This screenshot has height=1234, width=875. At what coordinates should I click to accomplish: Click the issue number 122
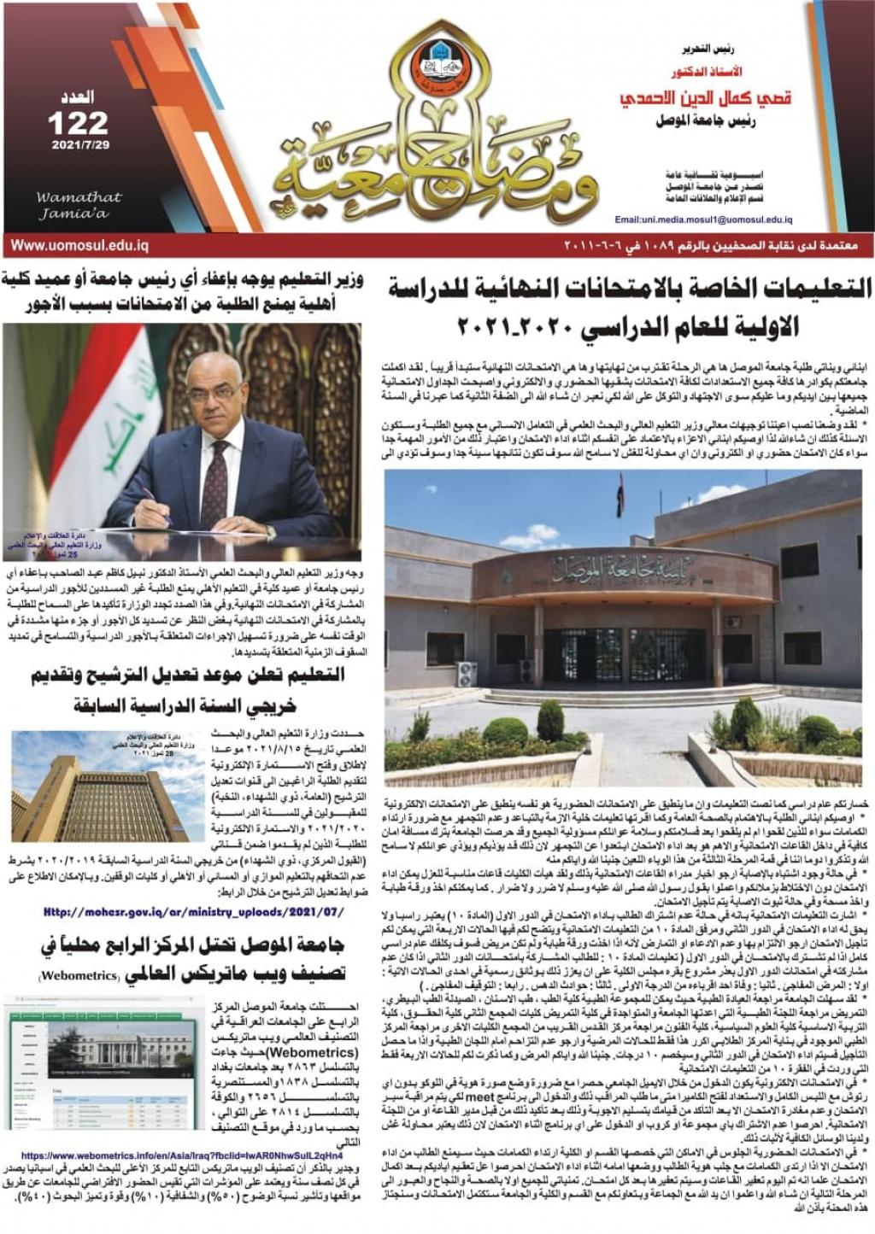pyautogui.click(x=78, y=122)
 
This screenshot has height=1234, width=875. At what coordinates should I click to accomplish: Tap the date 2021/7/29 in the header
pyautogui.click(x=80, y=145)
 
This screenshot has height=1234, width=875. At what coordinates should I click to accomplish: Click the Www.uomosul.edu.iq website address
pyautogui.click(x=79, y=246)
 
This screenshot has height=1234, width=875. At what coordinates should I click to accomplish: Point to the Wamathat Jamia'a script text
pyautogui.click(x=79, y=205)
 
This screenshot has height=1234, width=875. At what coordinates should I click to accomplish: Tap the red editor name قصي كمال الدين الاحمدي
pyautogui.click(x=705, y=98)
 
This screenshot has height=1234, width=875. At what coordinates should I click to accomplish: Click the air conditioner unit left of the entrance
pyautogui.click(x=467, y=674)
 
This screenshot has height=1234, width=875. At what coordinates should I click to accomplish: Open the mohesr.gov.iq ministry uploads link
pyautogui.click(x=194, y=912)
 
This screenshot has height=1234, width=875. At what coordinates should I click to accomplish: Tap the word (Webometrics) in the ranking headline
pyautogui.click(x=78, y=975)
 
